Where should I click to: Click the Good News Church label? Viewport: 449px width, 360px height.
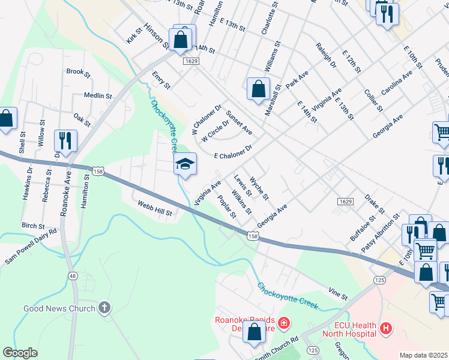(59, 308)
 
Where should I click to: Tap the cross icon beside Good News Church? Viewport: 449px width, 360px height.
(104, 308)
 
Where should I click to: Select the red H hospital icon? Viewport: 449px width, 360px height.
(386, 329)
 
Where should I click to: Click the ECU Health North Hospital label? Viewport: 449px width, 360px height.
(349, 329)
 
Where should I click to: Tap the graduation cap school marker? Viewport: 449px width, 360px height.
(185, 165)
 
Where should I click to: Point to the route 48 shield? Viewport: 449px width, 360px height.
(73, 275)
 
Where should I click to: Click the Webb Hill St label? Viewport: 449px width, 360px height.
(155, 208)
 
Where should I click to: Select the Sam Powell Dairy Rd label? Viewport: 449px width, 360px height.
(31, 247)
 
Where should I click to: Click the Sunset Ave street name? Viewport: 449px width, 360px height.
(239, 122)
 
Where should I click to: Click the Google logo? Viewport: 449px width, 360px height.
(20, 353)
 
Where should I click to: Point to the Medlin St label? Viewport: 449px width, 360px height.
(98, 95)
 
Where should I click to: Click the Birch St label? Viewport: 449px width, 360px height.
(34, 226)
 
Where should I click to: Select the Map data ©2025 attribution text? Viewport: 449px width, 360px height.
(423, 355)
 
